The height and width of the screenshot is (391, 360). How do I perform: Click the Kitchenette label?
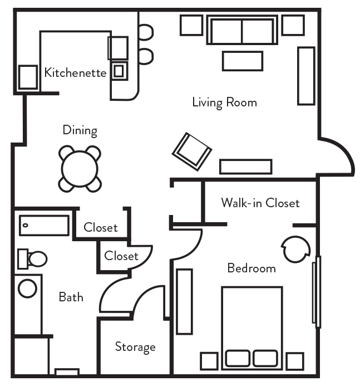pyautogui.click(x=75, y=72)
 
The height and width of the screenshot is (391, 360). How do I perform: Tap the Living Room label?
pyautogui.click(x=224, y=102)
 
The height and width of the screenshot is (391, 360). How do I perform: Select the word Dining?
pyautogui.click(x=80, y=130)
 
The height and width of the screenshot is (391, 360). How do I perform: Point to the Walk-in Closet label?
pyautogui.click(x=260, y=203)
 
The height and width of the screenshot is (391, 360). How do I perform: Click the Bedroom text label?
pyautogui.click(x=251, y=268)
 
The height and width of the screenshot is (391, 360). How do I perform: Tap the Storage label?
pyautogui.click(x=135, y=347)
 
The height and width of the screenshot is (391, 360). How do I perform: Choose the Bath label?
pyautogui.click(x=71, y=297)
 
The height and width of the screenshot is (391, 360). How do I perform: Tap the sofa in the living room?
pyautogui.click(x=242, y=30)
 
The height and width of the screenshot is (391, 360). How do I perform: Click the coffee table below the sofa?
pyautogui.click(x=242, y=61)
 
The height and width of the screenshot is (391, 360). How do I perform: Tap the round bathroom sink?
pyautogui.click(x=27, y=288)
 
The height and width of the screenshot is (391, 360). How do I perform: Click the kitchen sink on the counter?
pyautogui.click(x=119, y=70)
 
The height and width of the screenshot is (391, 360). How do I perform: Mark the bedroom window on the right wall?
pyautogui.click(x=317, y=292)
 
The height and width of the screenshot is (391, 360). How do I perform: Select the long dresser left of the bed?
pyautogui.click(x=184, y=301)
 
